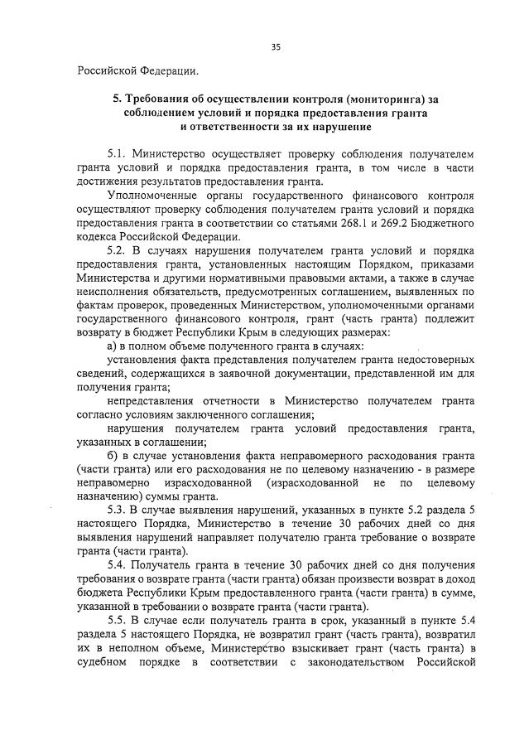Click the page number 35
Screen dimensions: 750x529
click(276, 47)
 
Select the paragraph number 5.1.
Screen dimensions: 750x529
click(118, 154)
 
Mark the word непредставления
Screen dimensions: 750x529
click(153, 401)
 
